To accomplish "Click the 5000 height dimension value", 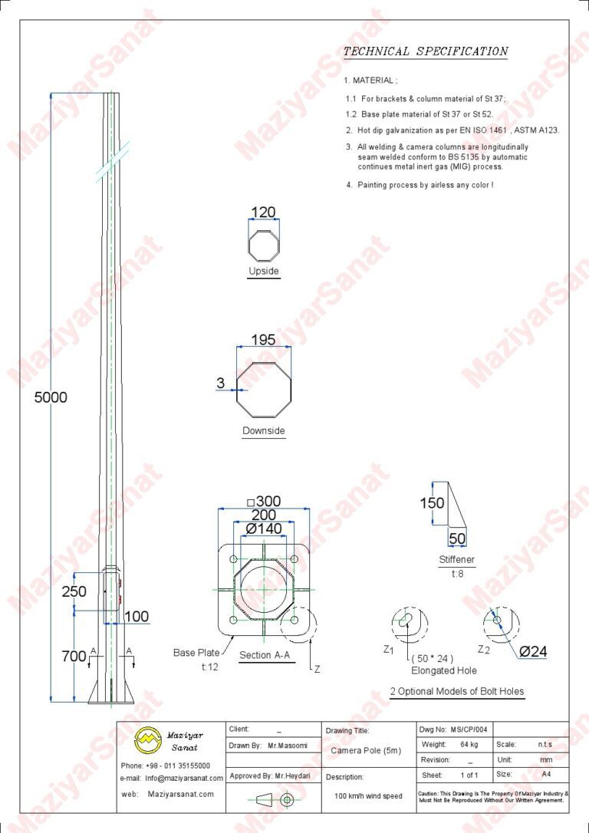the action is tap(51, 397).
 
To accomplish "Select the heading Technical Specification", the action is tap(426, 51).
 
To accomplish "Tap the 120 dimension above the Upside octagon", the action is tap(263, 212).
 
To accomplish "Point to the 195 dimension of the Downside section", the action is tap(263, 340).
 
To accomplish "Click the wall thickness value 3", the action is tap(221, 383).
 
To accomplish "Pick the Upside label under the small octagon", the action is tap(264, 271).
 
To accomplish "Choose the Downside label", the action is tap(264, 430).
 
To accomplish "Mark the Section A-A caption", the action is tap(265, 655).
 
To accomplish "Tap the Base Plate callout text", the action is tap(196, 652).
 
